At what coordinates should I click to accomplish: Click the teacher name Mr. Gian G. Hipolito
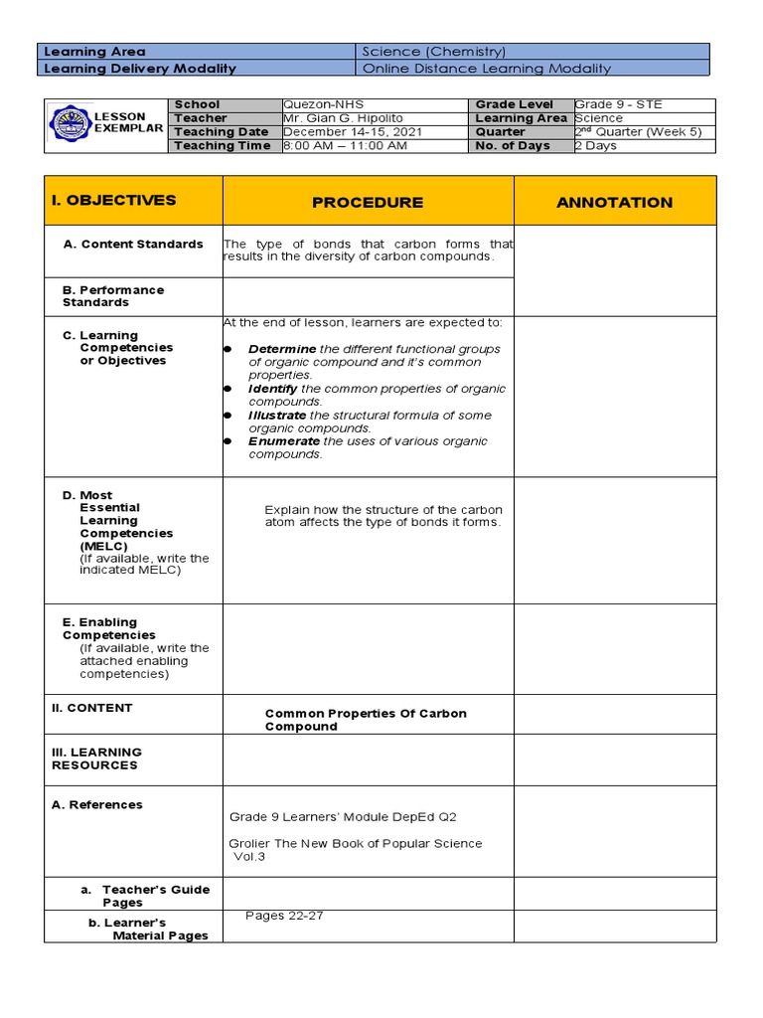[330, 118]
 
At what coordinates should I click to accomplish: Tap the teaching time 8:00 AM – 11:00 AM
[345, 146]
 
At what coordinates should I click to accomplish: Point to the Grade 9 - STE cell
[618, 104]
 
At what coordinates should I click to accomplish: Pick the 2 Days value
[595, 146]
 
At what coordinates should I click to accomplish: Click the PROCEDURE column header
[368, 202]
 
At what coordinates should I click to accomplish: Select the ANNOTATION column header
[614, 202]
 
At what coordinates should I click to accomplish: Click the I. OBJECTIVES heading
[113, 200]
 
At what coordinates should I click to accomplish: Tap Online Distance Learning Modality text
[487, 69]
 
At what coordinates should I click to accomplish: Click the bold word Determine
[282, 350]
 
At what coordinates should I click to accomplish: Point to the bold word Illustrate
[277, 416]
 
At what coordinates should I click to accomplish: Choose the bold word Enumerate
[284, 441]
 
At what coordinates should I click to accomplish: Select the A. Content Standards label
[133, 245]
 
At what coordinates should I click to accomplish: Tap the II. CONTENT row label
[91, 708]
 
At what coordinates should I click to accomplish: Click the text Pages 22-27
[284, 916]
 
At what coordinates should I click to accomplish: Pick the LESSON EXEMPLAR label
[127, 122]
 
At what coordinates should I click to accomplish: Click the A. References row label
[96, 805]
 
